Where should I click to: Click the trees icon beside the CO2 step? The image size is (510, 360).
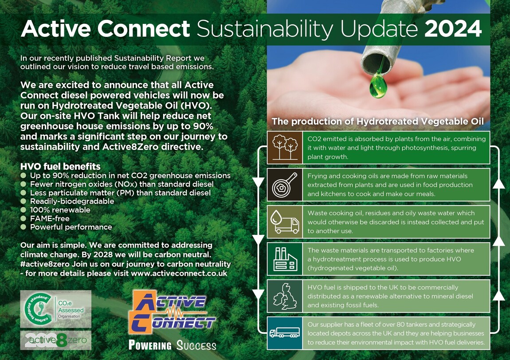coord(284,147)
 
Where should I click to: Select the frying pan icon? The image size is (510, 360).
coord(284,184)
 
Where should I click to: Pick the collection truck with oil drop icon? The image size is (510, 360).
coord(284,222)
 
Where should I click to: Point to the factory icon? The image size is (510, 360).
coord(284,258)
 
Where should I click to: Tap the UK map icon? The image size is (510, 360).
coord(284,296)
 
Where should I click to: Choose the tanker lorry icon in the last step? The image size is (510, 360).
coord(284,332)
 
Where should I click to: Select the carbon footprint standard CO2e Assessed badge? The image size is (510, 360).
coord(55,309)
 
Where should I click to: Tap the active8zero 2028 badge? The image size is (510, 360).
coord(55,340)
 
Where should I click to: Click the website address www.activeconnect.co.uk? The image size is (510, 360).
coord(179,273)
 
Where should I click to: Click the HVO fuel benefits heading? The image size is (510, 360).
coord(60,167)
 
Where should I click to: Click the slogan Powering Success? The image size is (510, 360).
coord(172,345)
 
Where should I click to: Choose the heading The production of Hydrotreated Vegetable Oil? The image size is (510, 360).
coord(377,122)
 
